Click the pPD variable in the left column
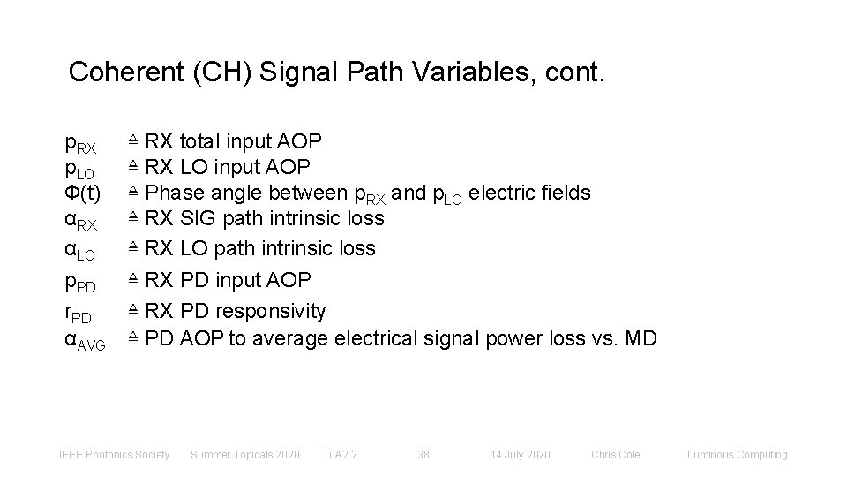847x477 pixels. coord(85,283)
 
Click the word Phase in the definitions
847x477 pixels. coord(173,193)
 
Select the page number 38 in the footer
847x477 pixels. coord(423,455)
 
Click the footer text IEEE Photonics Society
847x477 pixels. coord(114,455)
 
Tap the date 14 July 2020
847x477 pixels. coord(520,455)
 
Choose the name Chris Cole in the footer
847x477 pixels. coord(616,455)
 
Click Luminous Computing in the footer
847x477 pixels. coord(737,455)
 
